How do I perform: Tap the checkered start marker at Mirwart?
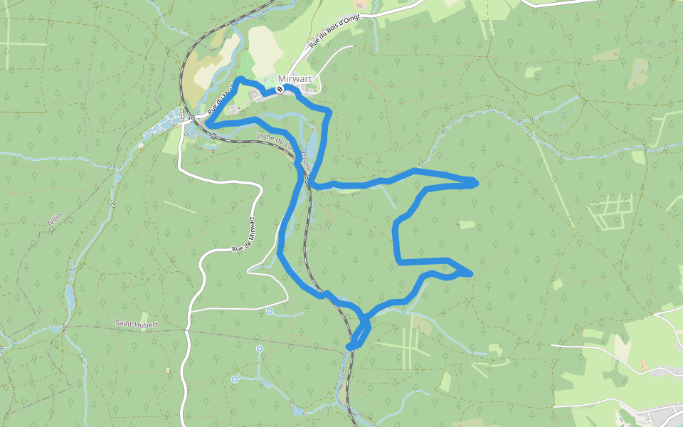(280, 90)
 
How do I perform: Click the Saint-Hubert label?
(137, 324)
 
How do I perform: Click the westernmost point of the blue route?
(208, 122)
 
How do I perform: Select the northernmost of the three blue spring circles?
(270, 311)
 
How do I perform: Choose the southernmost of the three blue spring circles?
(235, 379)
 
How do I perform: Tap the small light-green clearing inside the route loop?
(466, 225)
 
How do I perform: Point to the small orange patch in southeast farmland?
(643, 366)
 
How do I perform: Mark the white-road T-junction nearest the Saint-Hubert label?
(191, 311)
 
